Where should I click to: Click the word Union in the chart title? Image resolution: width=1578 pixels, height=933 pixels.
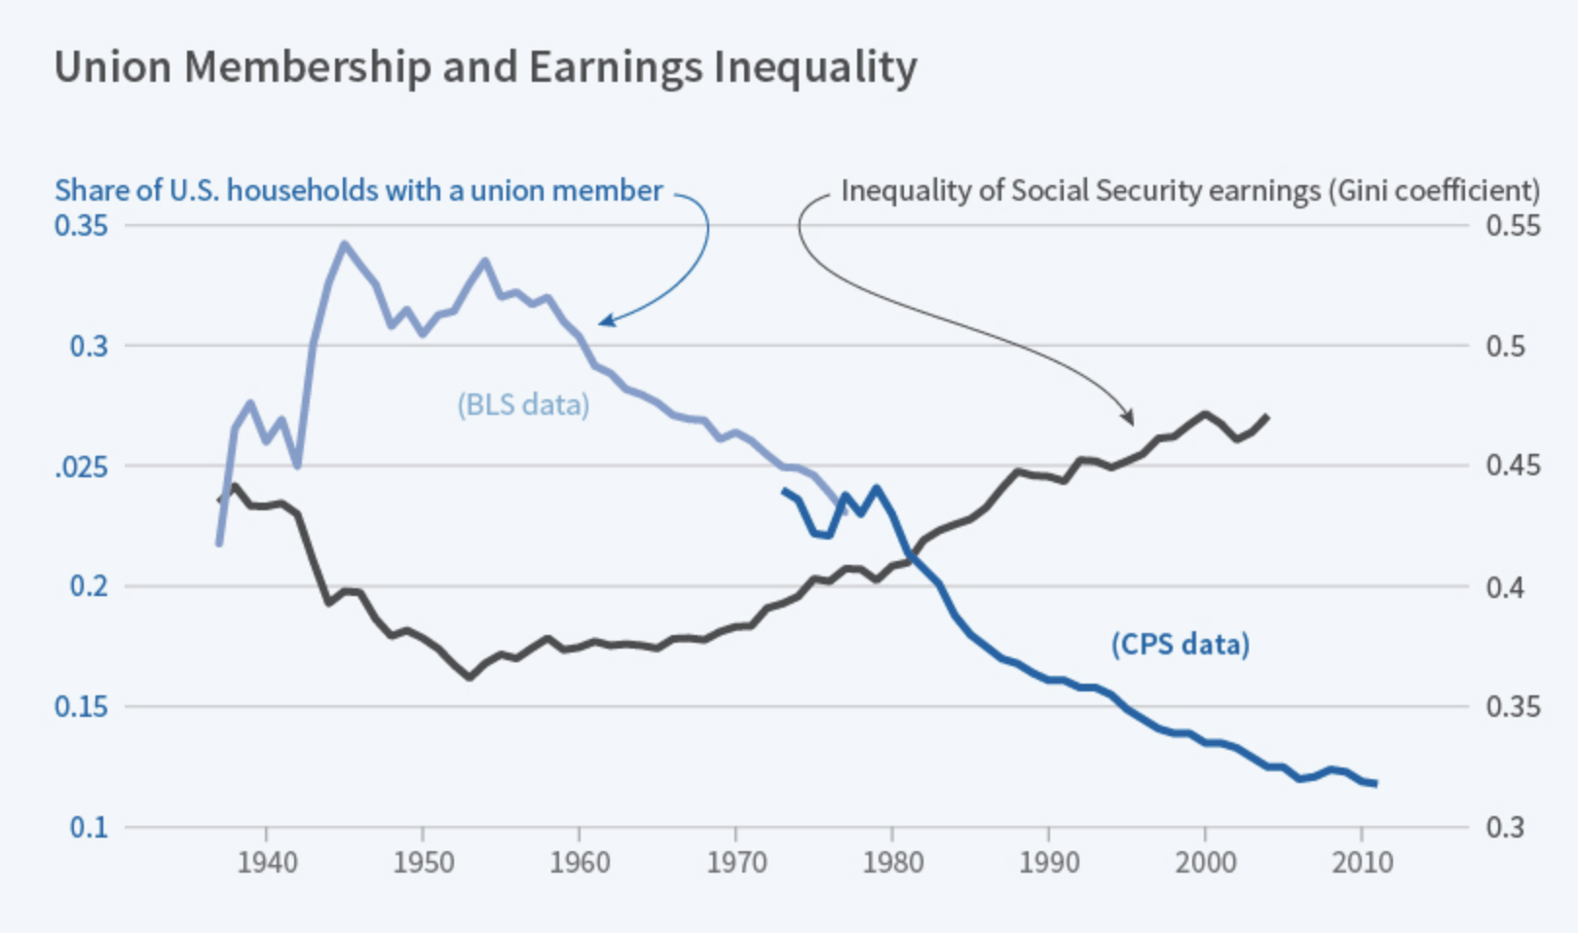coord(112,68)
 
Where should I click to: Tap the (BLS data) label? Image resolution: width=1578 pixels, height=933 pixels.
coord(523,404)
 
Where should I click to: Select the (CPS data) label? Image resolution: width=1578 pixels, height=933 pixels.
coord(1180,644)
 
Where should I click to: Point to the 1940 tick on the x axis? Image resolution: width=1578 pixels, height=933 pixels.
coord(267,862)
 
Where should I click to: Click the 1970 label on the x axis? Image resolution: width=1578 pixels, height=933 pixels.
coord(736,862)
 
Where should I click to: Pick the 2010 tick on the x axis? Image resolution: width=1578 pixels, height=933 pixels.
coord(1362,862)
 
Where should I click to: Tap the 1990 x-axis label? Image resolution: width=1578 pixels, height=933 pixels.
coord(1049,862)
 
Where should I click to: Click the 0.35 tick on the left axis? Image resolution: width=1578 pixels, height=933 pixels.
coord(81,226)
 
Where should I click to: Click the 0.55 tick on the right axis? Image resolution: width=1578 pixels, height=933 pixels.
coord(1513,226)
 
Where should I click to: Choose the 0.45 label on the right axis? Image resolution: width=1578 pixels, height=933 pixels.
coord(1513,466)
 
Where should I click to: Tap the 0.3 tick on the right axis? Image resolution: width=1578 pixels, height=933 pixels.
coord(1505,827)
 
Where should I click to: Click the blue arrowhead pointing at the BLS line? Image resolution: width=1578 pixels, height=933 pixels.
coord(604,320)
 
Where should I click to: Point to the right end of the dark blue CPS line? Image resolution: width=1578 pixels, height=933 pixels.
coord(1374,783)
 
